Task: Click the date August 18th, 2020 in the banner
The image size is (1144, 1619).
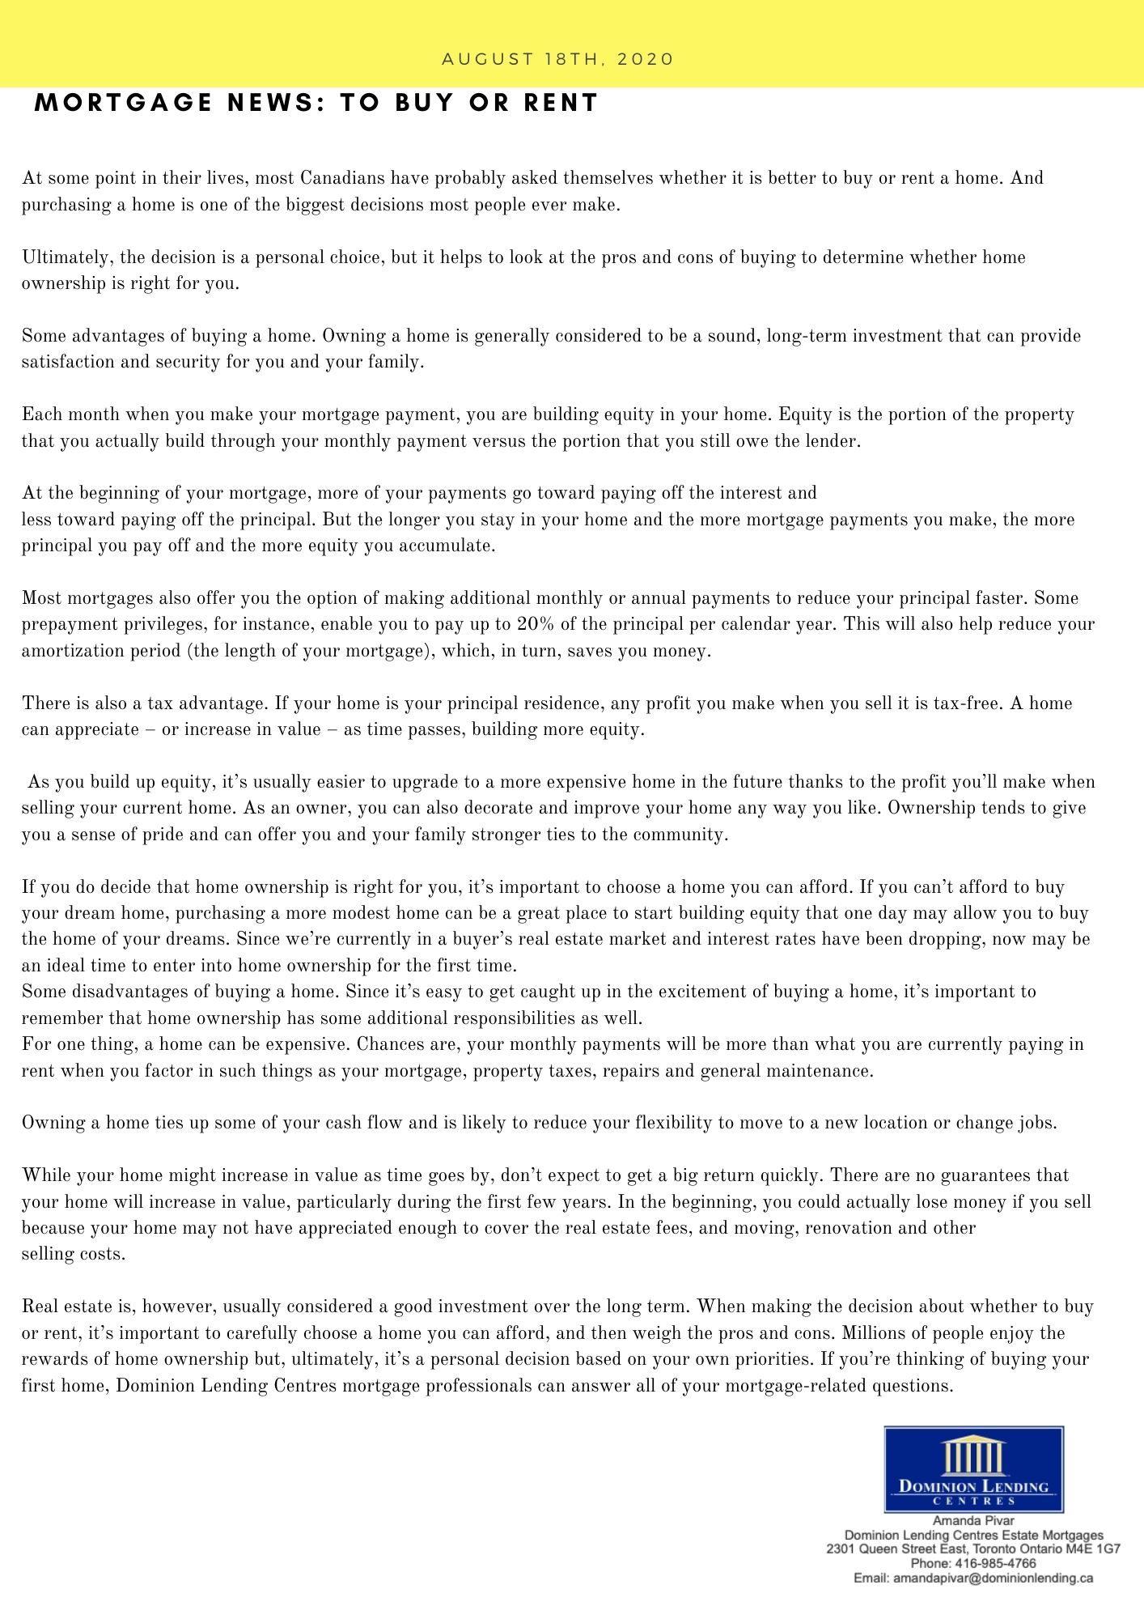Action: click(557, 59)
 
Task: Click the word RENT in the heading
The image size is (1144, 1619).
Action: click(561, 103)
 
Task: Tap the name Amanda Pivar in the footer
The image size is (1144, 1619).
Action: click(973, 1521)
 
